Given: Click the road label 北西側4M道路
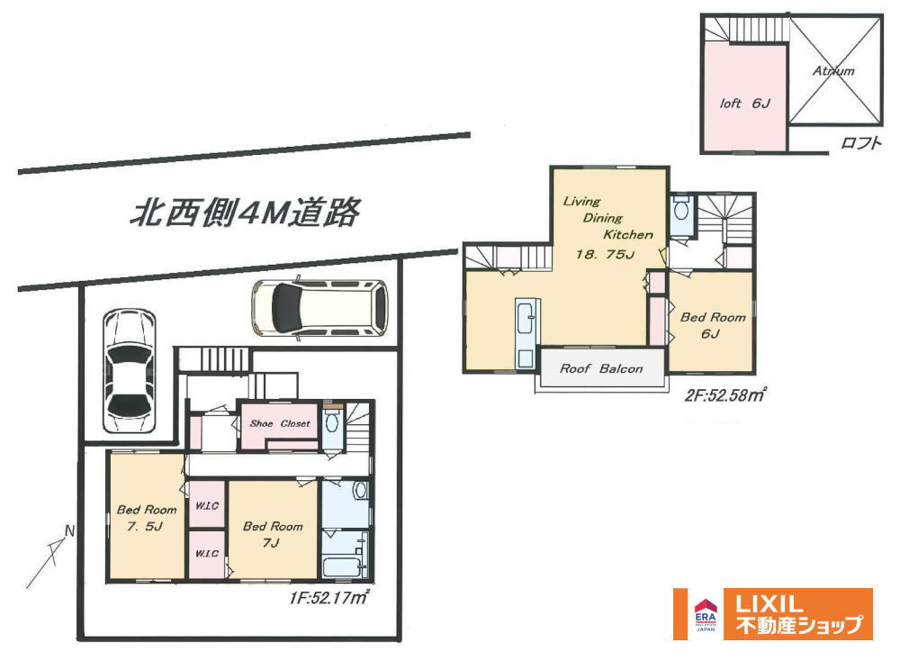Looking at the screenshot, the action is click(245, 213).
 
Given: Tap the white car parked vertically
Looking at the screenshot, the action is click(130, 371).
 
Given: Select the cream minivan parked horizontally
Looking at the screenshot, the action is click(320, 308).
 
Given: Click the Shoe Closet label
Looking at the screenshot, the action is click(280, 423).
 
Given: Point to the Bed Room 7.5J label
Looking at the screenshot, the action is click(147, 517).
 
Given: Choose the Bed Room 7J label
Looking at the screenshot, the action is click(273, 534).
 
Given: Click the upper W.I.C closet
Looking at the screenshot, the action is click(207, 504).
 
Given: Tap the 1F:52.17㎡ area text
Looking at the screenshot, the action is click(328, 598).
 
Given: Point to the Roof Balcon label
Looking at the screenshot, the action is click(601, 368).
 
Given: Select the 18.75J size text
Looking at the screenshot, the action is click(606, 254).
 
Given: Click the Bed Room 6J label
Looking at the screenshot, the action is click(713, 325).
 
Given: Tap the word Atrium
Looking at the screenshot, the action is click(833, 70).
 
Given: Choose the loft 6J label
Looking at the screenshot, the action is click(745, 104).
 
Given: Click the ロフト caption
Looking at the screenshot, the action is click(860, 142).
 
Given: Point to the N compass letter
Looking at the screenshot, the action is click(69, 531).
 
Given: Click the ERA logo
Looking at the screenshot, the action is click(706, 615).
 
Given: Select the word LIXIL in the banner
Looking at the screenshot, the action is click(769, 604).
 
